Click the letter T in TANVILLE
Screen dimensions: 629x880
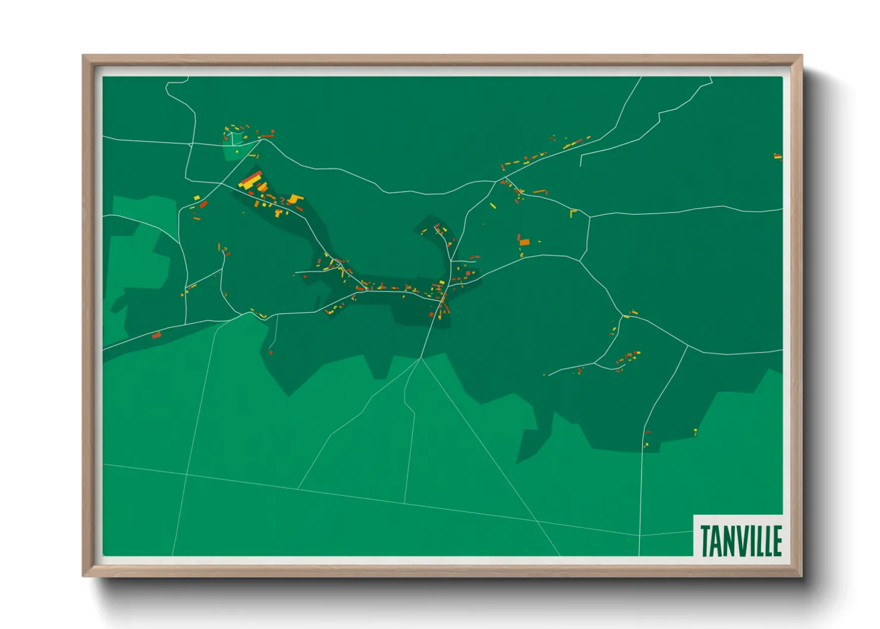tap(705, 540)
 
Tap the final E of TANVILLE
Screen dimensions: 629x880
tap(777, 540)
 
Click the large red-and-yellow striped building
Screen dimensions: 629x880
tap(250, 180)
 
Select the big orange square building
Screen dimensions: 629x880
tap(524, 241)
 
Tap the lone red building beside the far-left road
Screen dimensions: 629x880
tap(156, 335)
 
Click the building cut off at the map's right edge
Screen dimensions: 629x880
tap(778, 156)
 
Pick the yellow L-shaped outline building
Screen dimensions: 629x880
tap(573, 212)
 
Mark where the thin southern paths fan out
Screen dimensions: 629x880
tap(420, 359)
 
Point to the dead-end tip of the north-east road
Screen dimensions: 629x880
tap(580, 165)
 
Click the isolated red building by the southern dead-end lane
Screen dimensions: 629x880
tap(271, 353)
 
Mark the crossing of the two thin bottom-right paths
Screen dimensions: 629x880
tap(538, 521)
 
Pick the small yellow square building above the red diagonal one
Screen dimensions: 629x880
tap(197, 197)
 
